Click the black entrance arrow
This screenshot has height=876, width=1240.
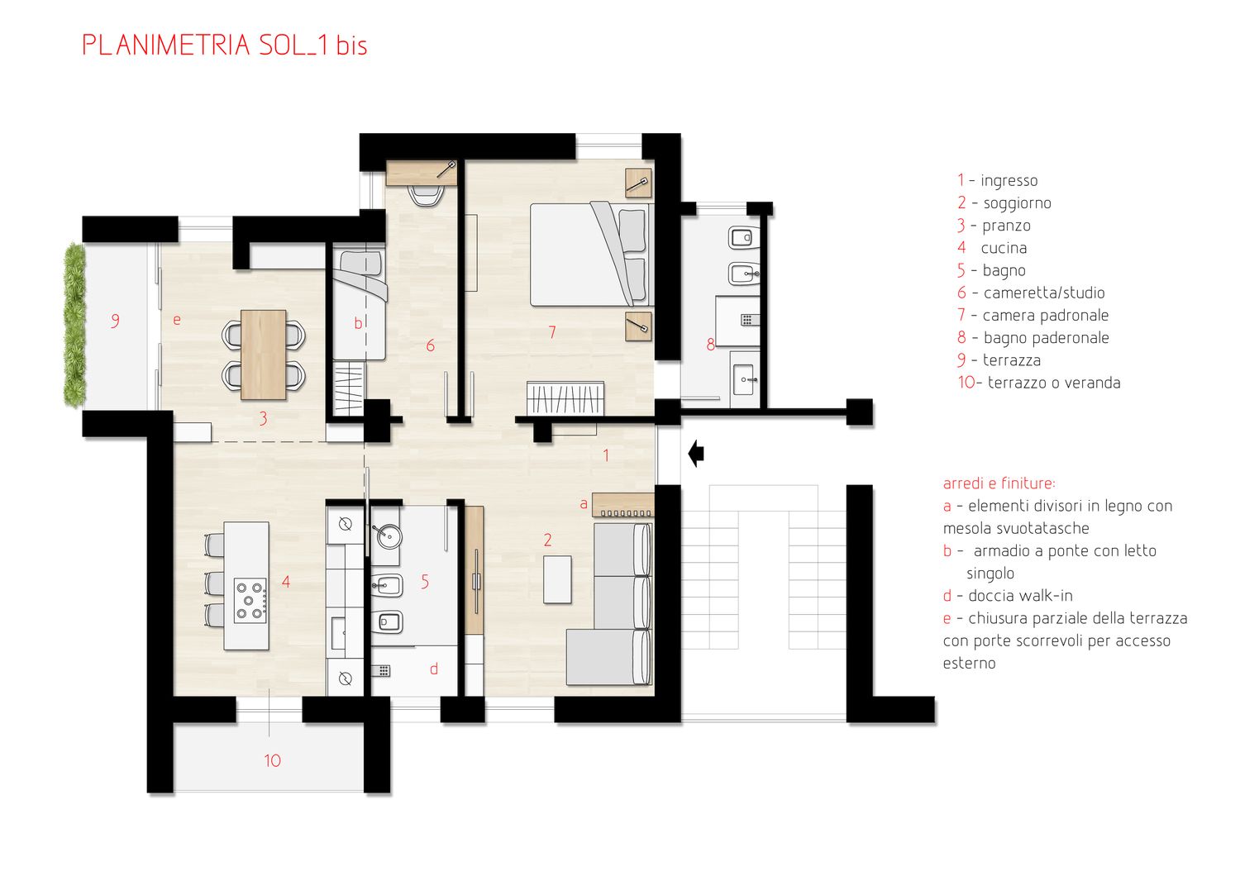[696, 454]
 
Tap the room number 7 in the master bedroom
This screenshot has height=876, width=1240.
[552, 332]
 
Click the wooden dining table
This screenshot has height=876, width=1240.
[264, 355]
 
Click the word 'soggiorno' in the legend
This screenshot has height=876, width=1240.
[1017, 203]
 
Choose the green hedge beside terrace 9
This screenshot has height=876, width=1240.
[74, 325]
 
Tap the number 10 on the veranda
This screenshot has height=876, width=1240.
[272, 760]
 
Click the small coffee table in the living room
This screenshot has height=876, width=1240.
[557, 579]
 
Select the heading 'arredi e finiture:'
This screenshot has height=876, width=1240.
[999, 483]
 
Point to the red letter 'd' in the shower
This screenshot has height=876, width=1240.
[434, 669]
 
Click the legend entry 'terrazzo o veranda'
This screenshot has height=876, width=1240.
[1054, 383]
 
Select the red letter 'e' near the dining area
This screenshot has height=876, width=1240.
[177, 320]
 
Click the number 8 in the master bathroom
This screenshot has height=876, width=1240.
[711, 345]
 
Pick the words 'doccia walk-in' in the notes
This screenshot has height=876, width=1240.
[1020, 596]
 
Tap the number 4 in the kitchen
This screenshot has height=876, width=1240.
[286, 581]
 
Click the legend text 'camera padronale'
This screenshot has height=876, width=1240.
[1046, 316]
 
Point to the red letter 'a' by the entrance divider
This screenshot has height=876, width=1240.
[584, 504]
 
